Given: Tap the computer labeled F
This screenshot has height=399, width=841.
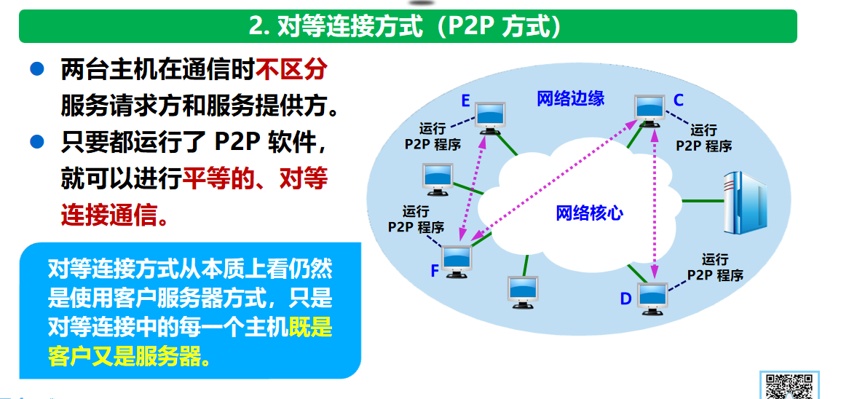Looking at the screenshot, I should click(457, 259).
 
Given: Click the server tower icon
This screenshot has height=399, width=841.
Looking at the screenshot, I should click(744, 201).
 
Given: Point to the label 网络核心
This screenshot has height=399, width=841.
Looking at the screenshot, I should click(589, 213).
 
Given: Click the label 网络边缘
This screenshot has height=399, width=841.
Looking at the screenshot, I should click(570, 98).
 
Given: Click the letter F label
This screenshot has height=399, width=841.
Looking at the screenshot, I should click(434, 272).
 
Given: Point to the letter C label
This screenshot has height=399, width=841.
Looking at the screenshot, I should click(678, 100).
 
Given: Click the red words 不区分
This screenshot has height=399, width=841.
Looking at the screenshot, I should click(290, 71).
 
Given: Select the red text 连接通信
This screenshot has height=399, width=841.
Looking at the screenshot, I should click(109, 215).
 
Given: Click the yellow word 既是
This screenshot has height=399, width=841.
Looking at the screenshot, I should click(310, 328).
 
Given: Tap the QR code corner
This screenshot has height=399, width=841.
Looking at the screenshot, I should click(786, 384).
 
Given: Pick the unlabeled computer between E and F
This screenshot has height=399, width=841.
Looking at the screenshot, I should click(438, 178).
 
